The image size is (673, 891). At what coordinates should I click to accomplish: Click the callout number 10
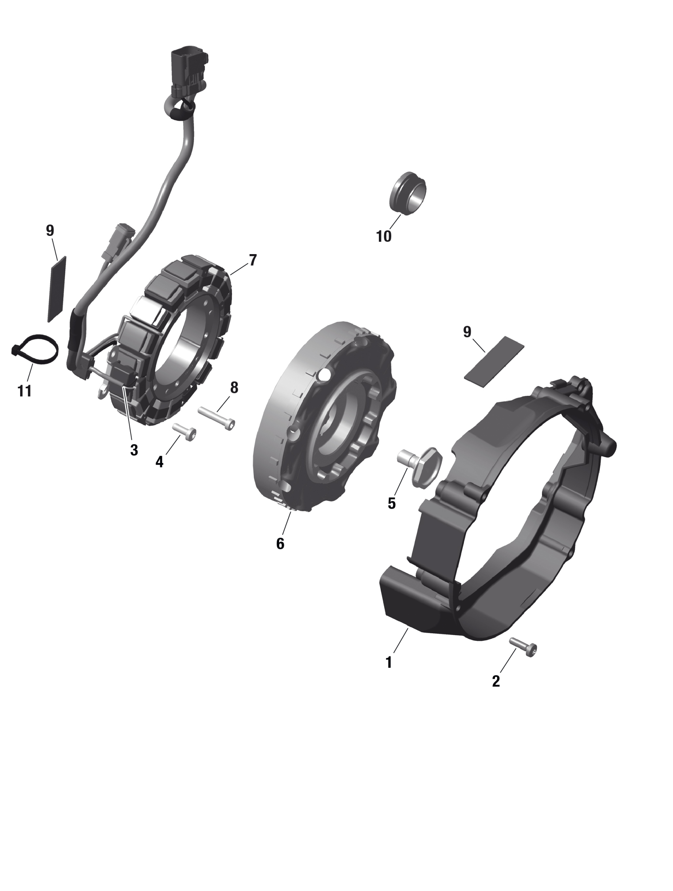point(384,236)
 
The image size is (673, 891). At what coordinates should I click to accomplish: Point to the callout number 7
point(253,260)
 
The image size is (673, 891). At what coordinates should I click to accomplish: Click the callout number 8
point(234,388)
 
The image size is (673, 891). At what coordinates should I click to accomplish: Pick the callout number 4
point(160,462)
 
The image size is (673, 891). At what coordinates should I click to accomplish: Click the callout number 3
point(134,450)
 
